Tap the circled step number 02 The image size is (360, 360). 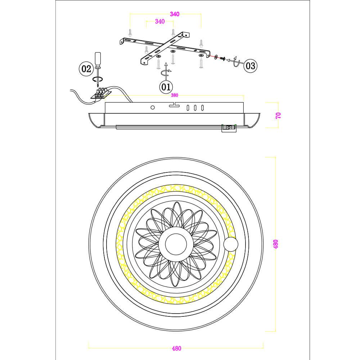tap(86, 69)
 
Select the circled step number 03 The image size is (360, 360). tap(250, 66)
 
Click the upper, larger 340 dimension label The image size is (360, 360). tap(174, 14)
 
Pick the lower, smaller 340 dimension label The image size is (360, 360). tap(159, 22)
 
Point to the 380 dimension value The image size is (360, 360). tap(174, 96)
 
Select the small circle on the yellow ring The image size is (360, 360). tap(230, 245)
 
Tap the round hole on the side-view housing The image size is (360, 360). tap(153, 107)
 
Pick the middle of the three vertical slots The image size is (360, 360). tap(195, 107)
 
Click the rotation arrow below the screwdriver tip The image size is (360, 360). tap(98, 79)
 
